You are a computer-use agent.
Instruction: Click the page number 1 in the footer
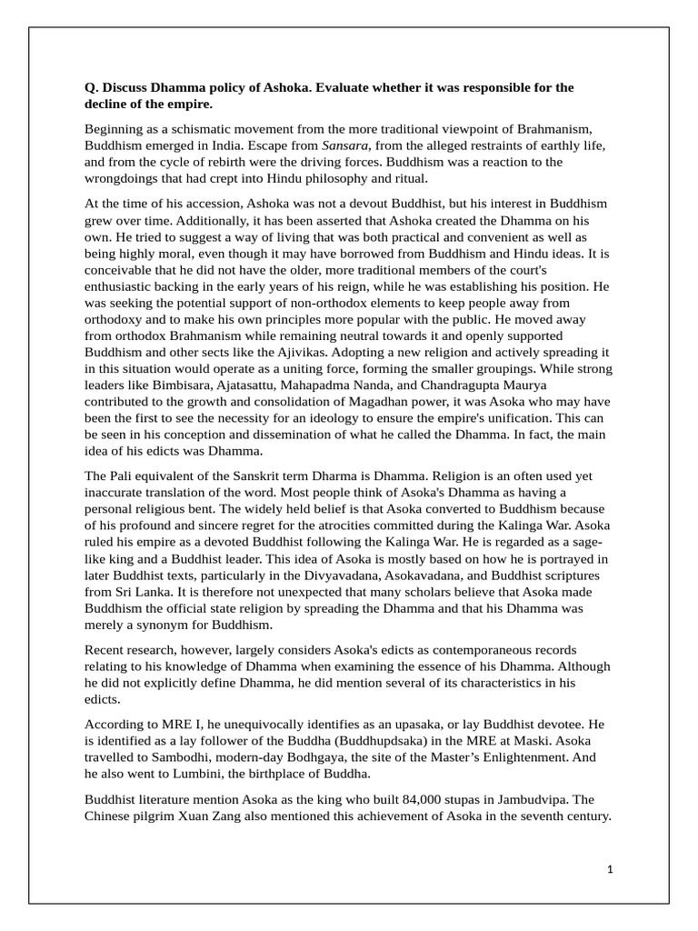610,869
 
